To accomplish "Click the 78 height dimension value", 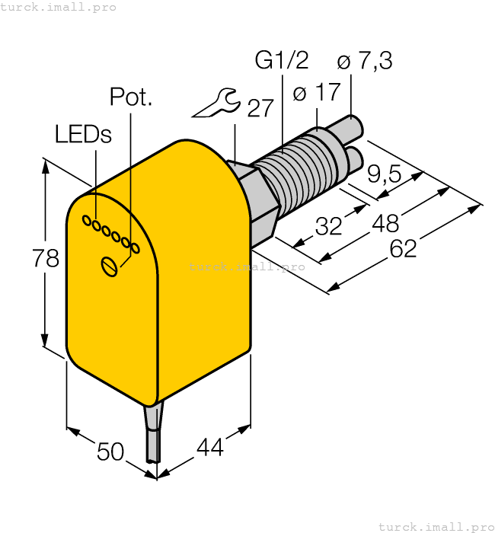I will tap(46, 259).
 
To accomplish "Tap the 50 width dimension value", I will tap(111, 452).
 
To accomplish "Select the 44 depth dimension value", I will tap(209, 448).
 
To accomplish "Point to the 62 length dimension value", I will tap(403, 248).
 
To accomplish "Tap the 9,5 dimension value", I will tap(384, 174).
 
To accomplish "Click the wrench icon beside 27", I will tap(216, 104).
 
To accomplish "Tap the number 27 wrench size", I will tap(260, 108).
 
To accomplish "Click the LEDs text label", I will tap(83, 135).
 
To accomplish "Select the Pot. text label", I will tap(131, 97).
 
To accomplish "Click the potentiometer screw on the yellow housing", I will tap(110, 266).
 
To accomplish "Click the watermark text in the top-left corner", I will tap(59, 7).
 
